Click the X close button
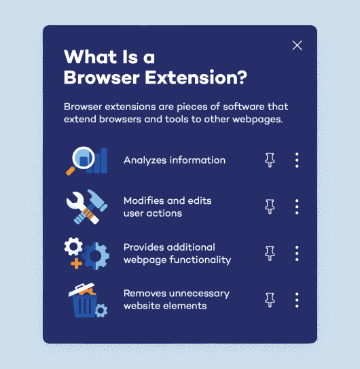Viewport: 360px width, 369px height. click(297, 46)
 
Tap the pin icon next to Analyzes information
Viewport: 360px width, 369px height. click(270, 160)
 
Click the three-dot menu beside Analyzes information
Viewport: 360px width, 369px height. click(297, 160)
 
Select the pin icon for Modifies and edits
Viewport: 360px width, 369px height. click(270, 207)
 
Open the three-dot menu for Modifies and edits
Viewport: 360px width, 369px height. click(297, 207)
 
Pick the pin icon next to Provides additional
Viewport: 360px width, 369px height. click(270, 253)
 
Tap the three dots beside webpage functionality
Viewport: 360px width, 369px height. click(297, 253)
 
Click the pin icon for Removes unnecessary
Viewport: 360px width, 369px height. click(270, 299)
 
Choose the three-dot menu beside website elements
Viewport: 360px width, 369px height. click(297, 299)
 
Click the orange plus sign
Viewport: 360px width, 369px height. click(75, 262)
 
